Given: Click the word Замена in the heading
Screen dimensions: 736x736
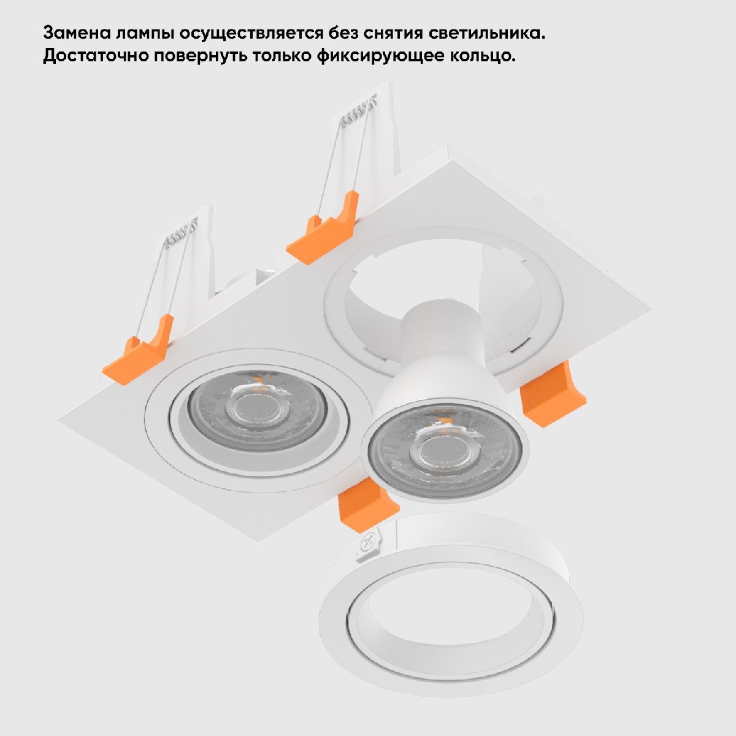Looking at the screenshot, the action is pyautogui.click(x=77, y=33).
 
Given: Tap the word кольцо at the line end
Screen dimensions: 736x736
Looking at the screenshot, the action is pyautogui.click(x=483, y=56).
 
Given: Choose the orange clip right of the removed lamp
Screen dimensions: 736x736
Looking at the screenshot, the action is pyautogui.click(x=553, y=394).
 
